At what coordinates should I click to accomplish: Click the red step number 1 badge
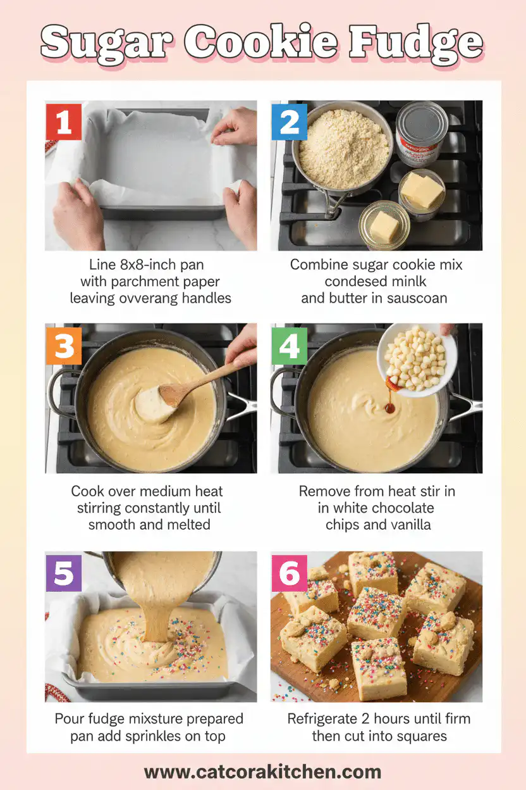[x=64, y=121]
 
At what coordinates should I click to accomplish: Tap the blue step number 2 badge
[x=290, y=121]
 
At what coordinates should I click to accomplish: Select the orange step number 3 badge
[x=64, y=345]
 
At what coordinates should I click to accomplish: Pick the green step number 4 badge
[x=290, y=345]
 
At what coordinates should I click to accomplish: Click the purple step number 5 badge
[x=64, y=573]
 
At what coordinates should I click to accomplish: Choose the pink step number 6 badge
[x=290, y=573]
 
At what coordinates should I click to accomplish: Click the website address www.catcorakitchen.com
[x=262, y=772]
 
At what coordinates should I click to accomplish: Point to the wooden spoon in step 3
[x=190, y=386]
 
